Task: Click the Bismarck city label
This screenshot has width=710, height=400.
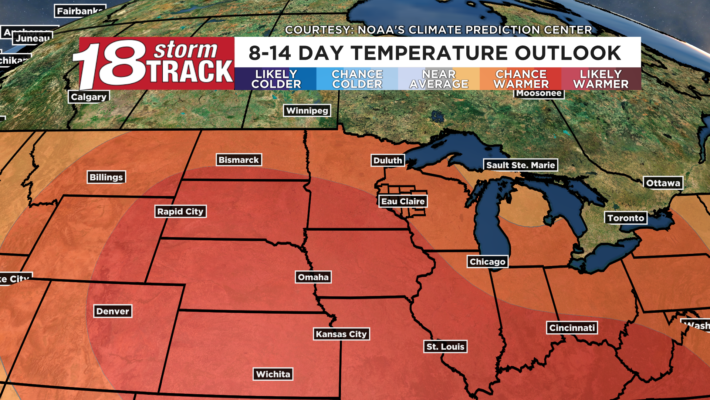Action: [239, 160]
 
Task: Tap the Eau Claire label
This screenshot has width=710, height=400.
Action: [403, 201]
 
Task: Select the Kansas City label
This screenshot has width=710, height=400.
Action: [341, 334]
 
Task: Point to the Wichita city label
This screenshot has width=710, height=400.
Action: [273, 374]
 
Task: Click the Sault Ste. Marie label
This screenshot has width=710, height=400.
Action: [520, 165]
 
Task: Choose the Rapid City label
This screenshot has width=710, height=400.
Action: [180, 211]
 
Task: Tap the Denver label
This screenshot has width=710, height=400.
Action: [112, 311]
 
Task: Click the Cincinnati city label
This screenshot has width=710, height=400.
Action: [572, 328]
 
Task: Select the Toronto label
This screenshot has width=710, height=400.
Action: [626, 218]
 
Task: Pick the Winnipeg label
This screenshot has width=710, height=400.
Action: [307, 110]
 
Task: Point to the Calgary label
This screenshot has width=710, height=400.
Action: [89, 97]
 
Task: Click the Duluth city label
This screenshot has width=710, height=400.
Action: [388, 160]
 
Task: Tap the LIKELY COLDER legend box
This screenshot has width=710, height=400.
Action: [276, 79]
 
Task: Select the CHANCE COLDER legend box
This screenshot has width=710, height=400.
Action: [357, 79]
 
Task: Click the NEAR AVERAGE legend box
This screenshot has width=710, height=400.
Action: [439, 79]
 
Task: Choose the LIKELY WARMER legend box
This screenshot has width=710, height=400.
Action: [601, 79]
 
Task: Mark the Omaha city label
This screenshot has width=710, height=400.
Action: [313, 277]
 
